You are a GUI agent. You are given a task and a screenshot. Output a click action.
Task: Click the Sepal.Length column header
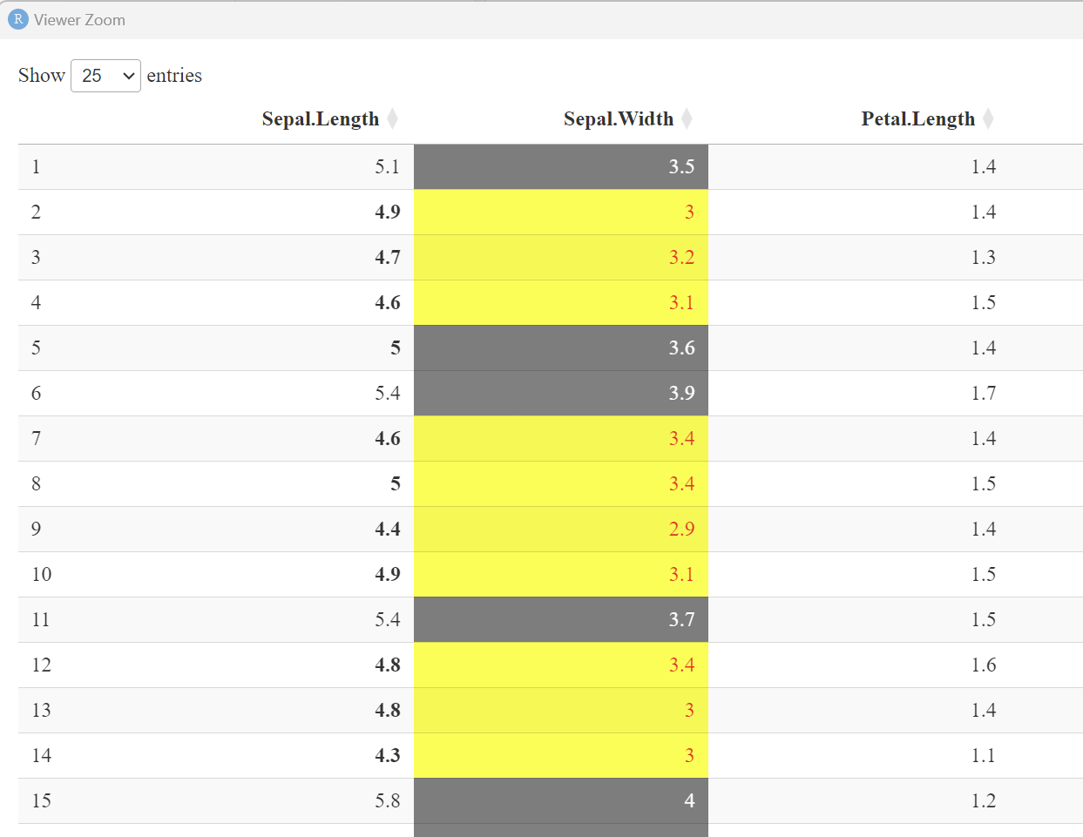[320, 118]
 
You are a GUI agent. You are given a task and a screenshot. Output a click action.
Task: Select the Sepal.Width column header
[618, 118]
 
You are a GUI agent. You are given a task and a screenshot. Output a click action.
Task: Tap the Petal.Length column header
[917, 118]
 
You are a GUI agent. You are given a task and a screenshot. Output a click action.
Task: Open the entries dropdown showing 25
[105, 76]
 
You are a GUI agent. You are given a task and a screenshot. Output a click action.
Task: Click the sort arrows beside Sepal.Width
[687, 118]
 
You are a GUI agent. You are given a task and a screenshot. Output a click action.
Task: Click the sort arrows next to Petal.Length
[988, 118]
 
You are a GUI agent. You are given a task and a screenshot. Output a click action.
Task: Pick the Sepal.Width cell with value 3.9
[681, 393]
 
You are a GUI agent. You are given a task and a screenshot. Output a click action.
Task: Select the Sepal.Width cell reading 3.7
[681, 619]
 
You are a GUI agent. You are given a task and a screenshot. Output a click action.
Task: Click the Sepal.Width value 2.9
[681, 529]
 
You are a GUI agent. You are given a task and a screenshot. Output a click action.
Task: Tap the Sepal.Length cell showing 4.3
[387, 755]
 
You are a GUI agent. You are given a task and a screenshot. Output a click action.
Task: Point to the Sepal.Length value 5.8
[387, 800]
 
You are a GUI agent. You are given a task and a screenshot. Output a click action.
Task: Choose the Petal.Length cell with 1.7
[983, 393]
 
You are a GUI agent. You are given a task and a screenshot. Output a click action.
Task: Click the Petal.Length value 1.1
[983, 755]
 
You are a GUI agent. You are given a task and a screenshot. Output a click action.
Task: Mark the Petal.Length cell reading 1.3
[983, 257]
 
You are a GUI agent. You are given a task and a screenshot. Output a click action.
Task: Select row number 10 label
[42, 574]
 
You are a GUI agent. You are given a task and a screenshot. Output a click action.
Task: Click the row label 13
[42, 710]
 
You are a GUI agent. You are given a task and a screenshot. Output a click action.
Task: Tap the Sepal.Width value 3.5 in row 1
[681, 166]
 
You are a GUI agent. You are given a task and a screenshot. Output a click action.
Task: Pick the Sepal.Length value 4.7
[387, 257]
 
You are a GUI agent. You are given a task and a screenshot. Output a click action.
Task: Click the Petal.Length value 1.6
[983, 665]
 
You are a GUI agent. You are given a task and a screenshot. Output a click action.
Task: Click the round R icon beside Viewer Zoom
[17, 19]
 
